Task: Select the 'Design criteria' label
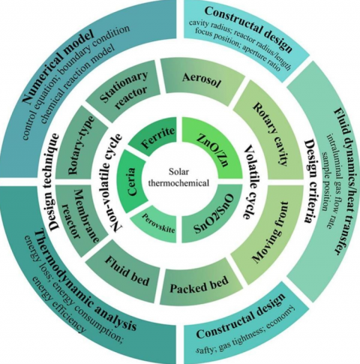308,180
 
